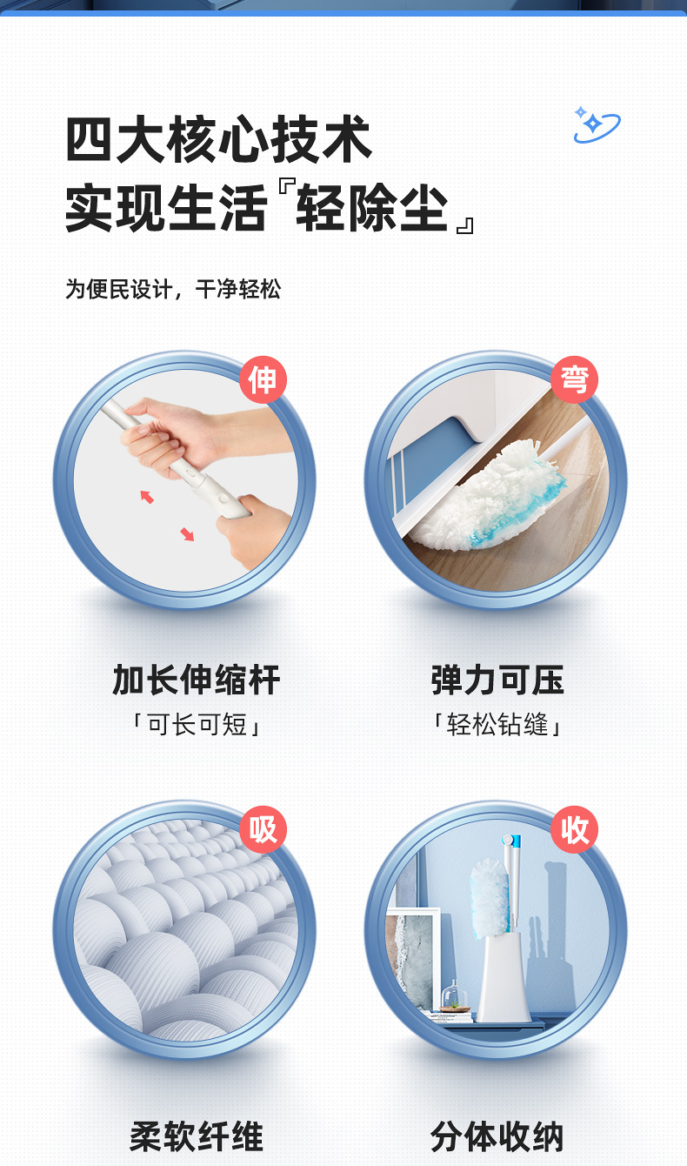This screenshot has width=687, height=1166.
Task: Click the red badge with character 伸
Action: (x=263, y=380)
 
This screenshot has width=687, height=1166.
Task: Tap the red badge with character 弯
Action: (x=574, y=380)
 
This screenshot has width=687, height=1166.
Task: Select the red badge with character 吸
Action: (x=263, y=829)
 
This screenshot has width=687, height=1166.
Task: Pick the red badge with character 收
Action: (x=574, y=829)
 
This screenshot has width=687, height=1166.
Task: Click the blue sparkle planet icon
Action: (x=596, y=124)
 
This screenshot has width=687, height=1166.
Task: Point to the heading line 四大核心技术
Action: (x=219, y=140)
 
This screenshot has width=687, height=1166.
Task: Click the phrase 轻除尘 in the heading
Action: (x=371, y=209)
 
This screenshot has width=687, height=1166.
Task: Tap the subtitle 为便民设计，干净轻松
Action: (x=173, y=290)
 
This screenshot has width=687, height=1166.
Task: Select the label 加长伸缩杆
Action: (x=197, y=680)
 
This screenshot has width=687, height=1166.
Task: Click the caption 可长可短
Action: (x=197, y=725)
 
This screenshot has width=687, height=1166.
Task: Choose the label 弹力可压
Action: (x=497, y=680)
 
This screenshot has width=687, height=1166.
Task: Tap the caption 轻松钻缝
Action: (x=497, y=725)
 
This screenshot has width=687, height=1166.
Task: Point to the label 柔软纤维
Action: (x=197, y=1136)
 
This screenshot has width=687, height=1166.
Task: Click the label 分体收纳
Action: (x=497, y=1136)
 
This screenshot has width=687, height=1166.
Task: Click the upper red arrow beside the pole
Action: (x=147, y=496)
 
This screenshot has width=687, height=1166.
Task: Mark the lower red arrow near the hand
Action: (x=187, y=534)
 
